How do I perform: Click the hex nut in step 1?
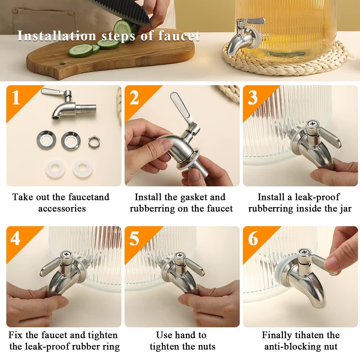tap(93, 140)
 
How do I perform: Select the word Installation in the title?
tap(56, 36)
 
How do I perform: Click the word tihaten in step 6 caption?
tap(311, 335)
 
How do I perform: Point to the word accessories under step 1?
tap(62, 208)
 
